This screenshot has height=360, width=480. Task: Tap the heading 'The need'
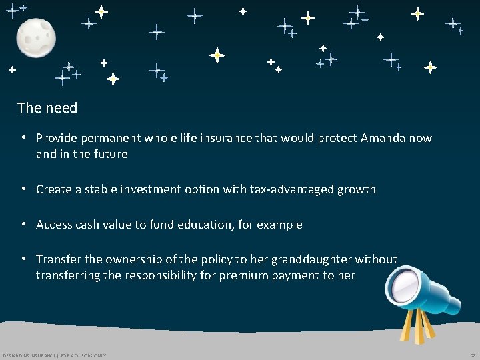pos(47,108)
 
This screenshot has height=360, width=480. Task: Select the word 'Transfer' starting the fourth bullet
pos(59,259)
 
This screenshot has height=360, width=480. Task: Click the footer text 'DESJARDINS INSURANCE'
pos(29,355)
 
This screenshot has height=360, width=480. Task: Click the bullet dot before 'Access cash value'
pos(23,225)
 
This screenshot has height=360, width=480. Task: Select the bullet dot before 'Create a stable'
pos(23,189)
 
